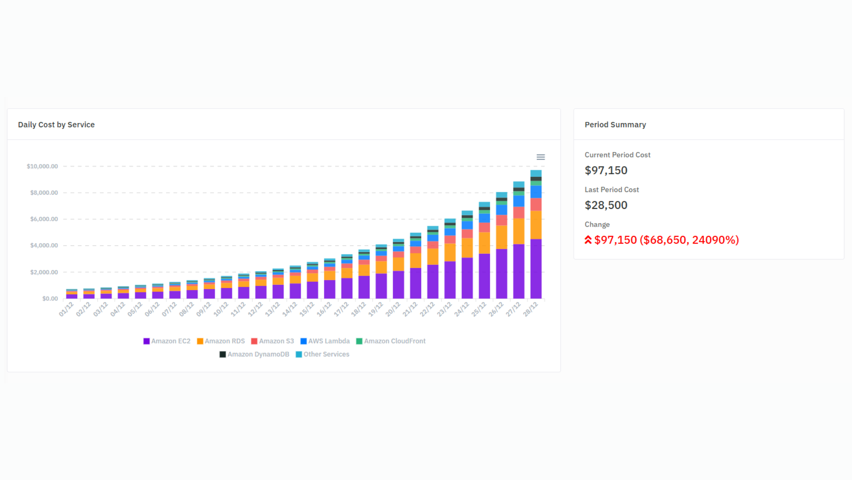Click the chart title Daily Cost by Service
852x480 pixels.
[x=56, y=125]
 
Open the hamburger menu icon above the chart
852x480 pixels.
[x=540, y=157]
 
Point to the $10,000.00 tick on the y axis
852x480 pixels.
[x=42, y=166]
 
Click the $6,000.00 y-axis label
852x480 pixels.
[x=44, y=219]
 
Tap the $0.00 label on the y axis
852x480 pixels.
[x=50, y=299]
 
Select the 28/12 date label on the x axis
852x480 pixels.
[x=531, y=309]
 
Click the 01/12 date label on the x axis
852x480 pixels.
[x=66, y=309]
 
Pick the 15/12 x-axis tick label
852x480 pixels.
[x=307, y=309]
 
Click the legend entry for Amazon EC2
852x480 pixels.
[x=167, y=341]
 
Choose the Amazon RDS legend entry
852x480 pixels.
[x=221, y=341]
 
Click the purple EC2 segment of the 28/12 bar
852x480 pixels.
[x=536, y=269]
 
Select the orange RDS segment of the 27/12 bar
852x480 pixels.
[x=519, y=231]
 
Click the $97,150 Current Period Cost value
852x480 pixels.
[x=606, y=171]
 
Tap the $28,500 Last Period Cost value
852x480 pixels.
[x=606, y=205]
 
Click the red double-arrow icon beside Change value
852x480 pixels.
[x=588, y=240]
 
